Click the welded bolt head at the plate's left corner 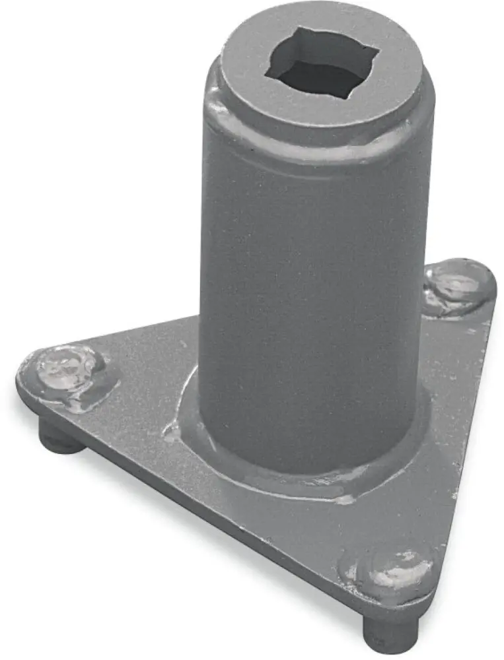coord(66,370)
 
